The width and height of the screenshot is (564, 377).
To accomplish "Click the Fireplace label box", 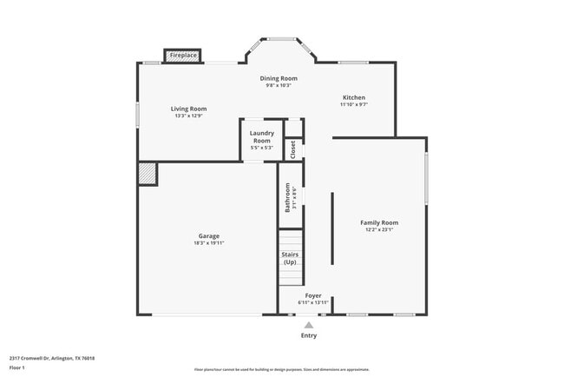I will point(183,56).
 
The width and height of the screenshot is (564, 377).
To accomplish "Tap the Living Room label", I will point(190,109).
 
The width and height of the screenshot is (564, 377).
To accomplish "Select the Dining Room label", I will point(279,78).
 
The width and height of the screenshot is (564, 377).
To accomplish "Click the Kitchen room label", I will point(353,97).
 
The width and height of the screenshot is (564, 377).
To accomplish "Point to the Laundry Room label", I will point(261,136).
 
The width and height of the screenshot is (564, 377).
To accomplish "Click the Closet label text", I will point(292,149).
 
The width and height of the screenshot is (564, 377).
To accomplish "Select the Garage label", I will point(208,235).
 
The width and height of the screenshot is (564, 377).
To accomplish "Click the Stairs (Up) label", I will point(290,258).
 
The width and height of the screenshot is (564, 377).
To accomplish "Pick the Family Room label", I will point(379,222).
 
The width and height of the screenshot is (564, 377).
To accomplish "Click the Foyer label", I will point(313,295).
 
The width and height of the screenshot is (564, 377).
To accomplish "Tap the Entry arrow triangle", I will point(309,325).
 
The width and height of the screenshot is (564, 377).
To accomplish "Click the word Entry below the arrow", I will point(309,335).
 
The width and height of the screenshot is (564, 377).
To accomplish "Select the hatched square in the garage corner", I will point(147,173).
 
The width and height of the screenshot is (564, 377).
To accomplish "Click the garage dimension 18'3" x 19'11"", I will point(208,243).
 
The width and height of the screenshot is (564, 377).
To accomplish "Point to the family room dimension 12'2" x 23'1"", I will point(379,230).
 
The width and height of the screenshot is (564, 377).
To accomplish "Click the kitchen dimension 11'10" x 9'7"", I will point(353,104).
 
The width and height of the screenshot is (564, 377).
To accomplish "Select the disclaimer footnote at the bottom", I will point(282,369).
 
